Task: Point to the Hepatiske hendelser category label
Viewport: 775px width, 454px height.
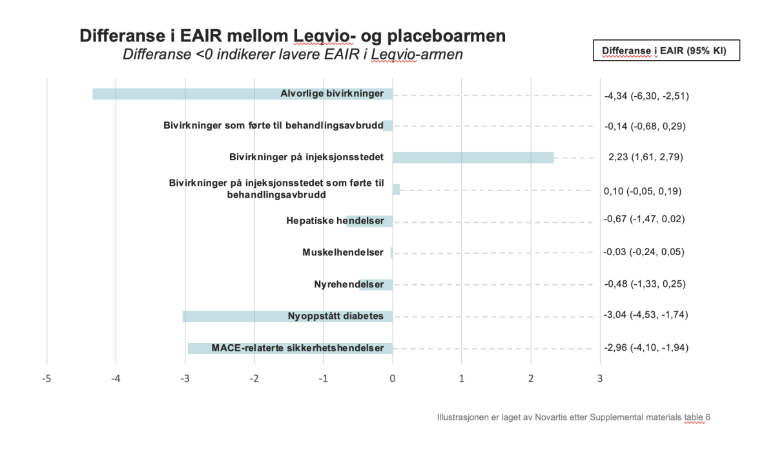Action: tap(335, 221)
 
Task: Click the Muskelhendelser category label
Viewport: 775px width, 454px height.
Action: tap(343, 253)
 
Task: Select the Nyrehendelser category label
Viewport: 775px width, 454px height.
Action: tap(349, 284)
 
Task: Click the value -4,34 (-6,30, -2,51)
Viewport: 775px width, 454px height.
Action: tap(646, 96)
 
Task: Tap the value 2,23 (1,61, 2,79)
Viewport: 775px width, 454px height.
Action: tap(646, 157)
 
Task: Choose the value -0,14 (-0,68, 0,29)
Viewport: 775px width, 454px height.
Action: tap(645, 127)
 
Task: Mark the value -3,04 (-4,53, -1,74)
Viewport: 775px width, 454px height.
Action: tap(646, 315)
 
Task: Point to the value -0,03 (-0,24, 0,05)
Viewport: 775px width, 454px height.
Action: tap(644, 252)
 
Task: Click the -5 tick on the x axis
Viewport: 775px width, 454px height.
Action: tap(46, 378)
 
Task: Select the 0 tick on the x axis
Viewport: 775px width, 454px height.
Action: tap(393, 378)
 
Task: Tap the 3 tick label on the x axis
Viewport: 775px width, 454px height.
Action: tap(600, 378)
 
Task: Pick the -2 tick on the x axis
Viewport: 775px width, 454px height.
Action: tap(254, 378)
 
